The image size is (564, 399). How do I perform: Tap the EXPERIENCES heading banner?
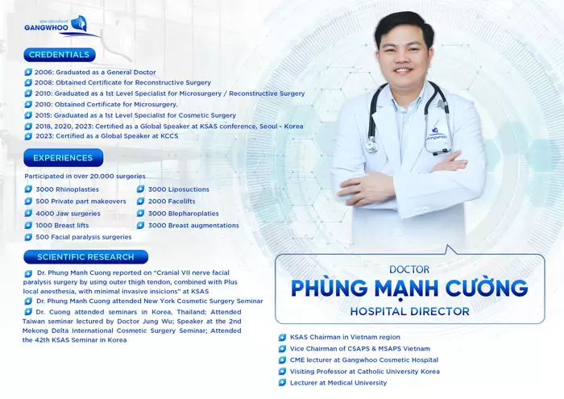(63, 158)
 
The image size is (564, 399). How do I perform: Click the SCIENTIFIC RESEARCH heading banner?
(85, 257)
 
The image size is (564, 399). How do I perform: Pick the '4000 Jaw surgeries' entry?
(68, 214)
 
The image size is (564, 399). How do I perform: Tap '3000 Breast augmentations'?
(193, 226)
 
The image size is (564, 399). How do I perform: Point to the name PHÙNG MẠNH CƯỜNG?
(409, 288)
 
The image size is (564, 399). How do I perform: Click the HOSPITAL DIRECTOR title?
(409, 311)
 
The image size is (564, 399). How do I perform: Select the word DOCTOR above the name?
(409, 269)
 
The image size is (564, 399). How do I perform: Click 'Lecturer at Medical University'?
(338, 382)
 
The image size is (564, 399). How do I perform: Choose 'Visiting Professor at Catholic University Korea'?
(365, 371)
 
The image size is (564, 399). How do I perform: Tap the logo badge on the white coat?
(438, 134)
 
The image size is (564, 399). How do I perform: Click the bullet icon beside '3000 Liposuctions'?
(142, 189)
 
